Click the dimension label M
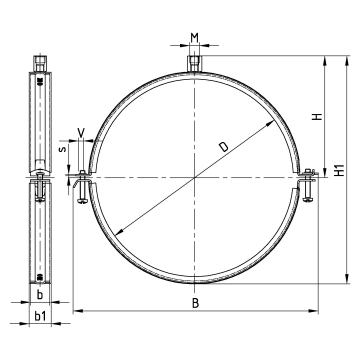(x=195, y=38)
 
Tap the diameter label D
(x=224, y=146)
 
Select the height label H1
(x=340, y=170)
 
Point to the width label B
(x=196, y=303)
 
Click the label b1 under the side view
(x=40, y=316)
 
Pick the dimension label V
(x=81, y=132)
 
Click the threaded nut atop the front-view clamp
(x=194, y=63)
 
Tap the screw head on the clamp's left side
(x=82, y=201)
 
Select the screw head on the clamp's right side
(x=307, y=200)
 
